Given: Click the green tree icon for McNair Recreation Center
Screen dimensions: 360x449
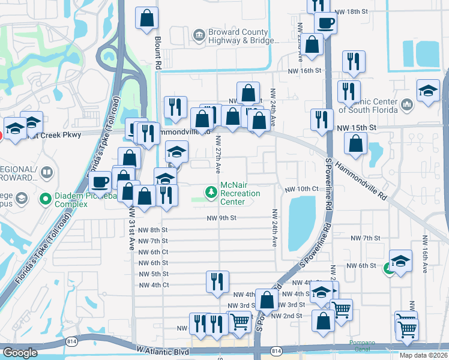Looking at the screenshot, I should (211, 192).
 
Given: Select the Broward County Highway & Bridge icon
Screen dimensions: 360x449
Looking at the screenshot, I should (198, 37).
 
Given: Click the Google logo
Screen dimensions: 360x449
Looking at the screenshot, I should (20, 353).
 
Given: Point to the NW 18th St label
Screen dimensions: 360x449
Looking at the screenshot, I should (351, 11).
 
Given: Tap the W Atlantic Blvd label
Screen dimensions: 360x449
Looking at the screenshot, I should (163, 350).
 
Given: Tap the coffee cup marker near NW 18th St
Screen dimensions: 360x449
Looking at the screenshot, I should (325, 23).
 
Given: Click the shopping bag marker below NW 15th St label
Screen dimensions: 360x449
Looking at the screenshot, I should (356, 143).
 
